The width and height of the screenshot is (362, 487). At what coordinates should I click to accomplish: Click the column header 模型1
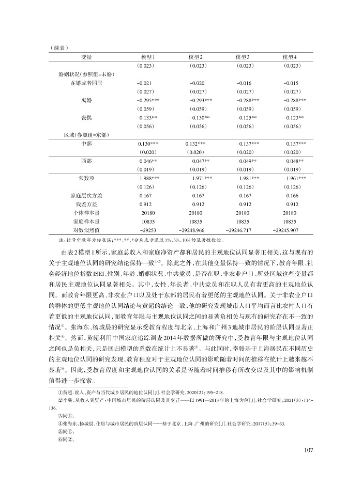point(148,57)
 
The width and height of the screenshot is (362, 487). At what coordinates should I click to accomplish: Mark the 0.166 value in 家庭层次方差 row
point(292,196)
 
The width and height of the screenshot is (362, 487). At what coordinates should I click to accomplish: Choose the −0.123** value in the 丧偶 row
point(293,118)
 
